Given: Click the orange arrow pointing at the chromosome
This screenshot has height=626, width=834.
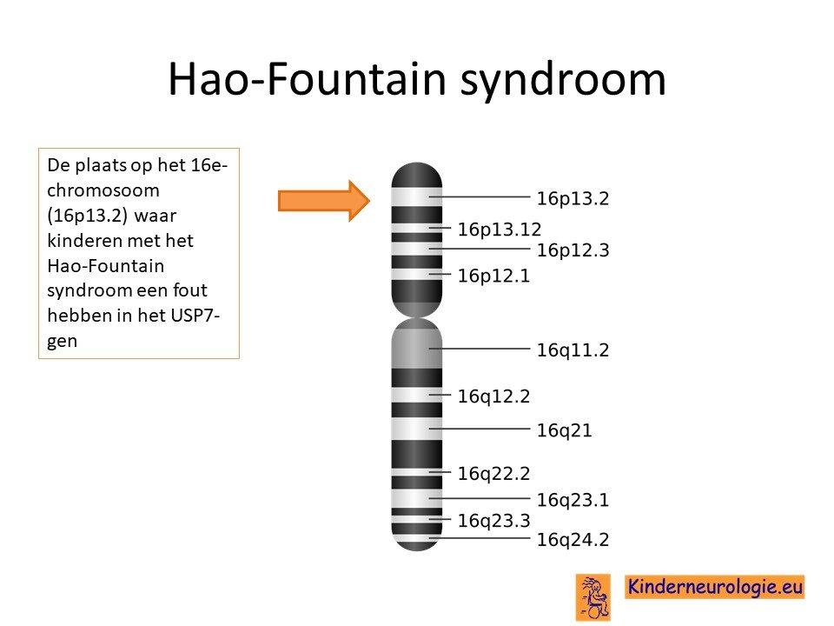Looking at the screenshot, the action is pyautogui.click(x=323, y=201).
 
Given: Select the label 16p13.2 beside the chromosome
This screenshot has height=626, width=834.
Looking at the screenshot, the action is pyautogui.click(x=573, y=198).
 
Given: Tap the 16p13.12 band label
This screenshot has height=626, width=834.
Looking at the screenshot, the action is pyautogui.click(x=499, y=230).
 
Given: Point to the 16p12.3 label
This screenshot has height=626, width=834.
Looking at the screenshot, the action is pyautogui.click(x=573, y=250).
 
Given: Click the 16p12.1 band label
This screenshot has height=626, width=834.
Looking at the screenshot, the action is pyautogui.click(x=493, y=276).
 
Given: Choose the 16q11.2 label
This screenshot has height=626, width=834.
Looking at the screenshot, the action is pyautogui.click(x=573, y=350).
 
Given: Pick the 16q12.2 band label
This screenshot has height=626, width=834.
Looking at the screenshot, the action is pyautogui.click(x=493, y=396).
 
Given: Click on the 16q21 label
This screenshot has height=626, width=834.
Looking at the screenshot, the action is pyautogui.click(x=564, y=430).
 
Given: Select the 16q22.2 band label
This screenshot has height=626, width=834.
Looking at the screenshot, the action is pyautogui.click(x=493, y=474).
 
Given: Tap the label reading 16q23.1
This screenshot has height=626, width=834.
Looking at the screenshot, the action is pyautogui.click(x=573, y=501).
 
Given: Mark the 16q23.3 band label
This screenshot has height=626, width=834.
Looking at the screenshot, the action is pyautogui.click(x=493, y=521).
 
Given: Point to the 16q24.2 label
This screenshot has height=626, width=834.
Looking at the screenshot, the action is pyautogui.click(x=573, y=540).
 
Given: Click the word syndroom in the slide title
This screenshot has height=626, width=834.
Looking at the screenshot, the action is pyautogui.click(x=563, y=81).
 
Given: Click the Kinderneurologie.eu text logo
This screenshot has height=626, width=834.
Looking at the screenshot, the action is pyautogui.click(x=714, y=587).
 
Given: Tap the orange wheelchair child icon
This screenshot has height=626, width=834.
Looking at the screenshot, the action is pyautogui.click(x=593, y=597).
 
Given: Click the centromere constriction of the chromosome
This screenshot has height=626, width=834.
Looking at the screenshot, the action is pyautogui.click(x=416, y=317).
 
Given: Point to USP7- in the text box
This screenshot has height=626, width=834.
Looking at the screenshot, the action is pyautogui.click(x=195, y=316).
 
